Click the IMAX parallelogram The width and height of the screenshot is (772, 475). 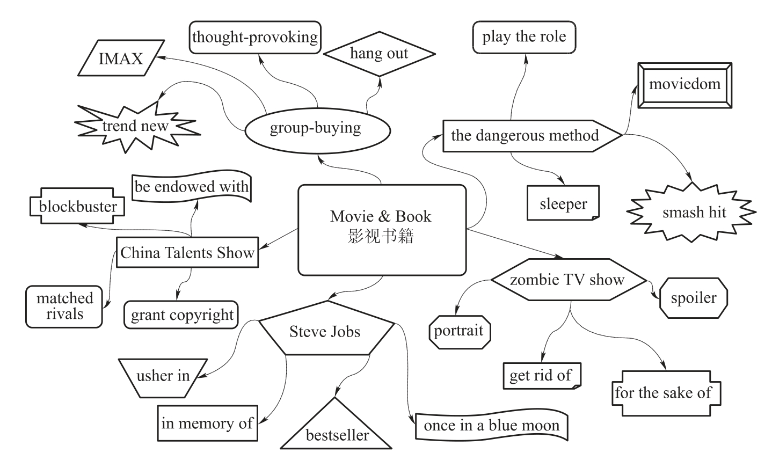coord(121,58)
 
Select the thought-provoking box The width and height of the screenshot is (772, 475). coord(255,37)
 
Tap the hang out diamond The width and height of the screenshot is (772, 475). coord(379,54)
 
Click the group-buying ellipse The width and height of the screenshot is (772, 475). coord(316,128)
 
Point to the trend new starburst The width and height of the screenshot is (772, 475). coord(135,126)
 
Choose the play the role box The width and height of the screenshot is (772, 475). coord(524,37)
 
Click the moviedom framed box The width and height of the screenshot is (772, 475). coord(684,84)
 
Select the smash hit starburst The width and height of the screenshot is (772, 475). coord(694,213)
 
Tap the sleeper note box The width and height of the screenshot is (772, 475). coord(563,204)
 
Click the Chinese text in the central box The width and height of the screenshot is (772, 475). coord(381,236)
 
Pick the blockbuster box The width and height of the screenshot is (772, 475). coord(78,207)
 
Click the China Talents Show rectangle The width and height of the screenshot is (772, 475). coord(187,253)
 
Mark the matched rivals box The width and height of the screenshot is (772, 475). coord(64,306)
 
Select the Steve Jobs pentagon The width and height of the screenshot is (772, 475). coord(325,331)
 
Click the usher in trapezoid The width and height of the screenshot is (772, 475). coord(163,376)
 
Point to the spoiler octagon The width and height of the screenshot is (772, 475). coord(694,298)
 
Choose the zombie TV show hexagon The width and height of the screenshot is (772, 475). coord(567,280)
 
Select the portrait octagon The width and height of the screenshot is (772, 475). coord(459,331)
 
